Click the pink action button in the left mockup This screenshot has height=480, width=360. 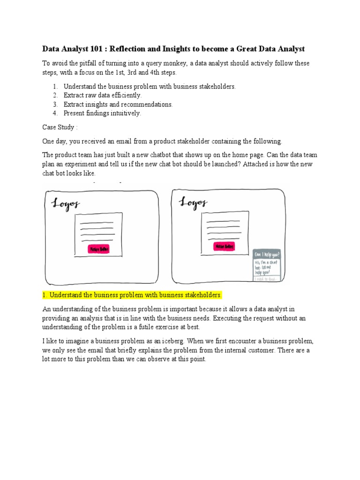(99, 249)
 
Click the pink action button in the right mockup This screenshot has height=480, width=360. (225, 247)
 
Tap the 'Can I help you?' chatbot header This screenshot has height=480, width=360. (267, 255)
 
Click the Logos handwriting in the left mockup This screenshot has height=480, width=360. (65, 204)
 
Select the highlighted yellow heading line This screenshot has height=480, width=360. (132, 295)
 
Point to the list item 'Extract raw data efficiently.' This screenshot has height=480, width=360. (102, 96)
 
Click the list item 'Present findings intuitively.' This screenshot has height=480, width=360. (102, 113)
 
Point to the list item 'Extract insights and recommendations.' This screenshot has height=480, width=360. (118, 105)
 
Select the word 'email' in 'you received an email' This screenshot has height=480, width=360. (125, 141)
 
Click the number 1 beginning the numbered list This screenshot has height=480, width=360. (54, 87)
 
